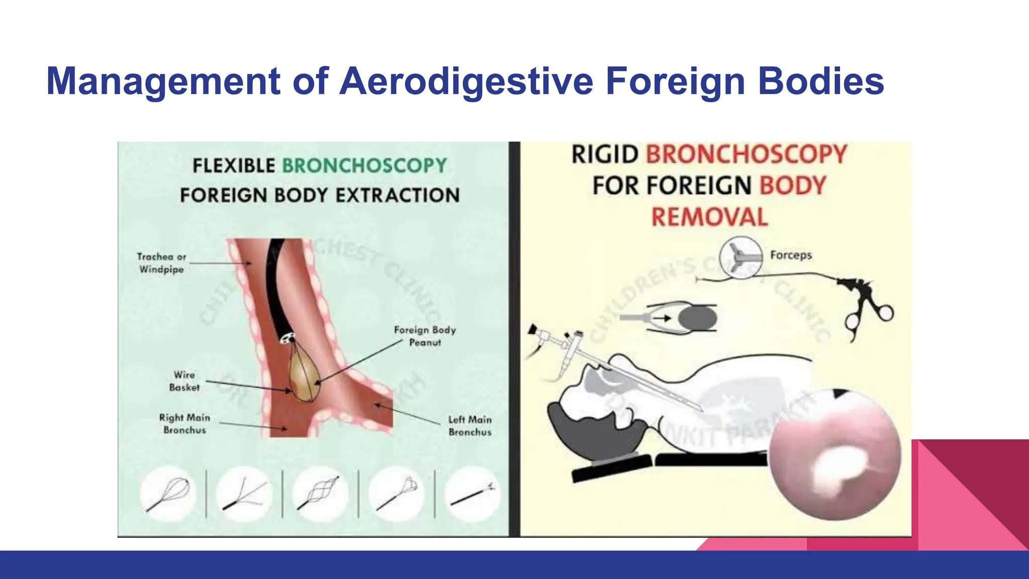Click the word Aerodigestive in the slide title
(466, 81)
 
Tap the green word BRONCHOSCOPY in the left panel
(364, 165)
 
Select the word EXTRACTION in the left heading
(397, 195)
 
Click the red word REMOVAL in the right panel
(709, 217)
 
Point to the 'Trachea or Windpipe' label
(161, 263)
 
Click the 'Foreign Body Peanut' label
(425, 336)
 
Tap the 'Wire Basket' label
(184, 381)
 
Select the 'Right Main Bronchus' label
(184, 424)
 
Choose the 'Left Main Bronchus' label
(470, 426)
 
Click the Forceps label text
(791, 255)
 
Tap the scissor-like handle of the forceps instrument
(869, 312)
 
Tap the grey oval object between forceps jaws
(697, 319)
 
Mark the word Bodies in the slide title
(821, 81)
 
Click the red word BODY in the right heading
(792, 185)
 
